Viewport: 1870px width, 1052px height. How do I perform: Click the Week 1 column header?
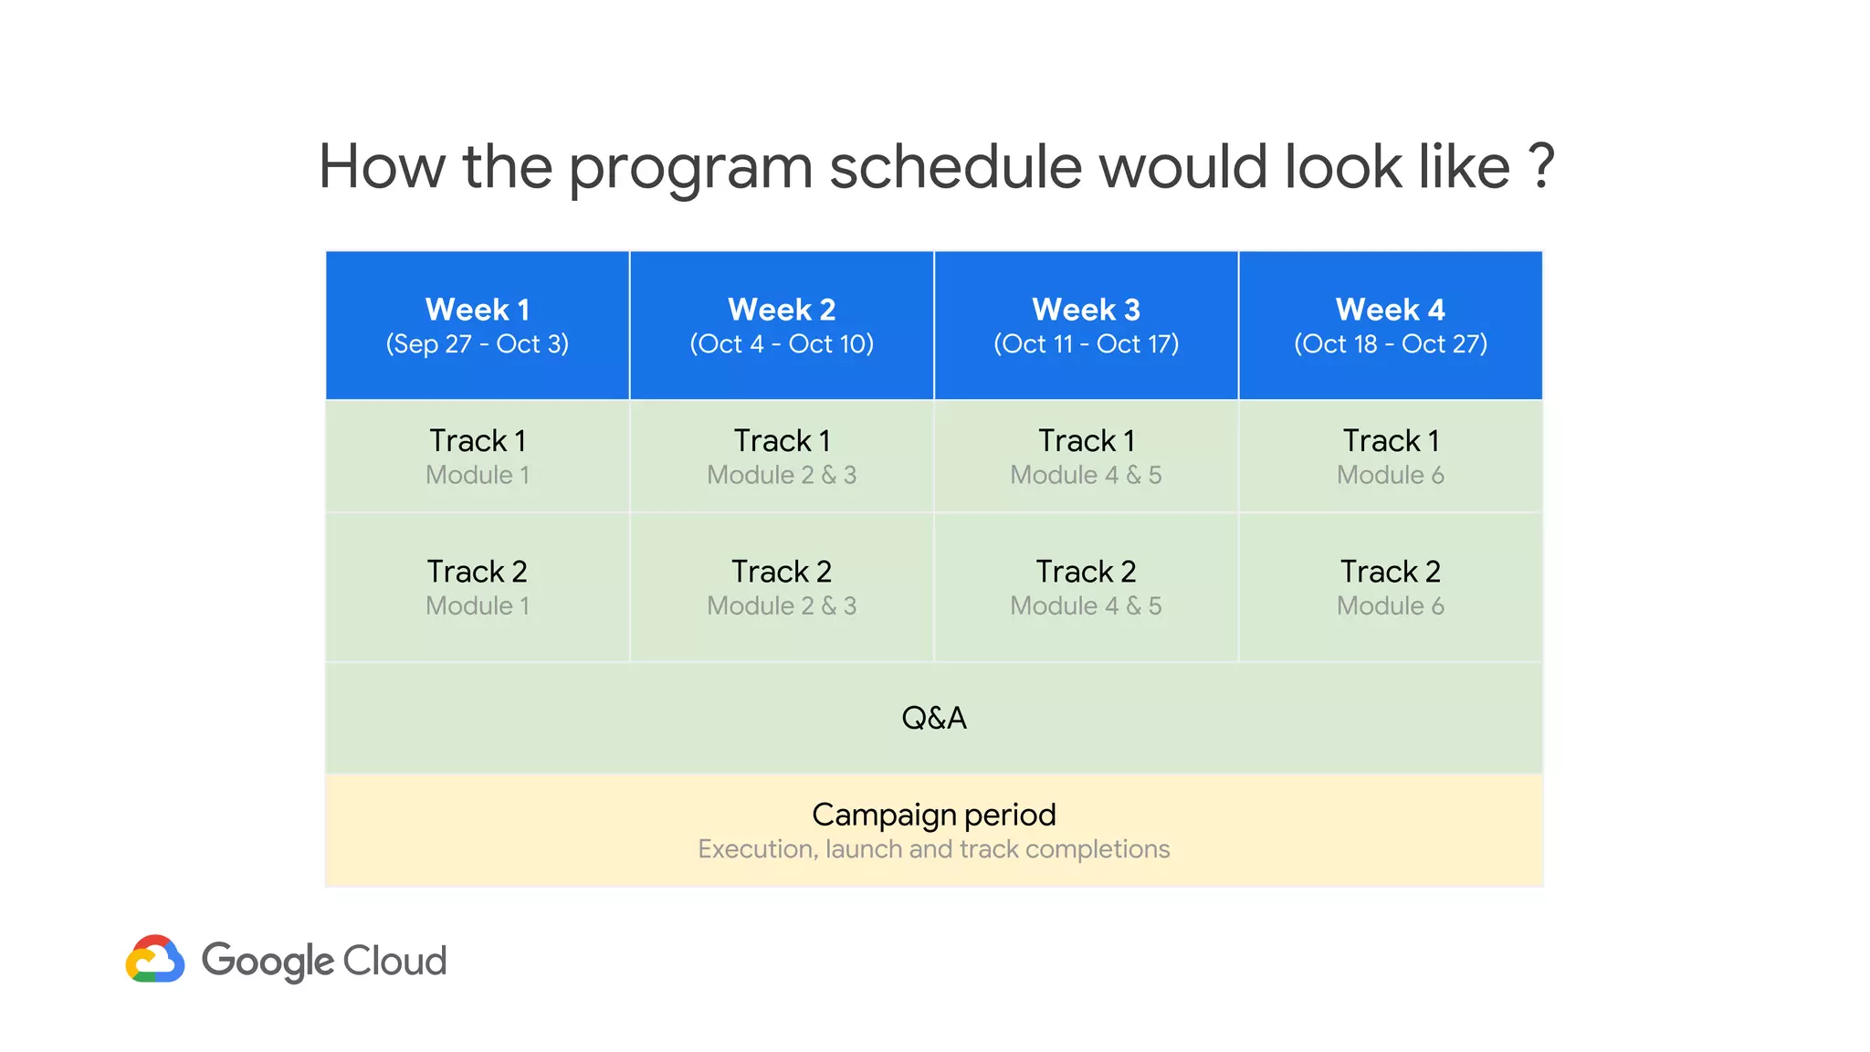point(477,310)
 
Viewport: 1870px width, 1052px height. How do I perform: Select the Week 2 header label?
point(782,310)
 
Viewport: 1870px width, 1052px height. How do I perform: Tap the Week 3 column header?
point(1086,310)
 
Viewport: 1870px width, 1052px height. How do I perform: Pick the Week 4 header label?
point(1390,310)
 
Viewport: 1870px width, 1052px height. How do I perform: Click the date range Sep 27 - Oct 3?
point(477,344)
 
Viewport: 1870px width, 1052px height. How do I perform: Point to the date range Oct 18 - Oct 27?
point(1390,344)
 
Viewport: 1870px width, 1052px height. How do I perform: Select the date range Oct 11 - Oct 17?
point(1086,344)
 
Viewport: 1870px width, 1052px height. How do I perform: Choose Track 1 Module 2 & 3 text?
point(782,475)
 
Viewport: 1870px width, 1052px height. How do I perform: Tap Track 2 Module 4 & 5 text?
point(1086,605)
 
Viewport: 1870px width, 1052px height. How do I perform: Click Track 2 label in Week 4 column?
point(1390,572)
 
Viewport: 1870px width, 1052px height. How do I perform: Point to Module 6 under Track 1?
point(1390,475)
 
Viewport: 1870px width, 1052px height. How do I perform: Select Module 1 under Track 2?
point(477,605)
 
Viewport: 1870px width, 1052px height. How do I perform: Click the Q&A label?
point(933,718)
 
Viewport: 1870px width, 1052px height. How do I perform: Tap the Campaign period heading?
point(933,815)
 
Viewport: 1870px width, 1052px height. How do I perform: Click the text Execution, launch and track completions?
point(933,849)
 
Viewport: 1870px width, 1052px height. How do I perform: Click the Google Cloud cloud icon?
point(155,959)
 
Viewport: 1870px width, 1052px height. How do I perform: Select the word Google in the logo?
point(268,962)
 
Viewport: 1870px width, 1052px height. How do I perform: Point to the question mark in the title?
point(1540,167)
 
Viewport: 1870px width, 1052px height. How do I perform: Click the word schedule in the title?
point(954,167)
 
